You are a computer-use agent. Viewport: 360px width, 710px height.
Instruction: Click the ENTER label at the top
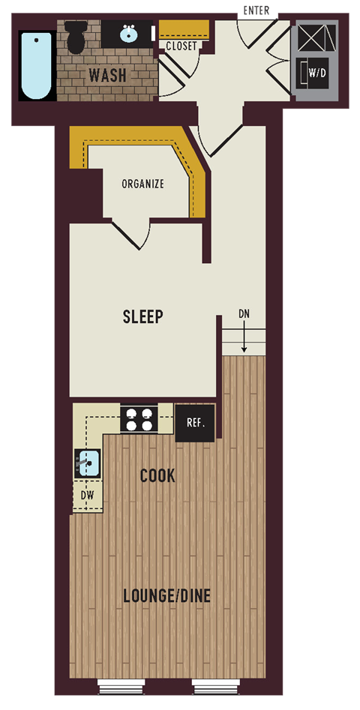[x=256, y=10]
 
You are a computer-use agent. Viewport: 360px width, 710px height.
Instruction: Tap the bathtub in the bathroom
[x=36, y=65]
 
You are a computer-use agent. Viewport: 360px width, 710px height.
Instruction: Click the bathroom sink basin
[x=128, y=34]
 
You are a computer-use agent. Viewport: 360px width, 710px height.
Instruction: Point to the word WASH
[x=107, y=76]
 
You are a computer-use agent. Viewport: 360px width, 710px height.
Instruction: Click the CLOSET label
[x=181, y=46]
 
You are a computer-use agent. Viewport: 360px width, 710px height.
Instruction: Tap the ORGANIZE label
[x=142, y=184]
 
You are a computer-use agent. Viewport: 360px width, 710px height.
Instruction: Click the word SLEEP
[x=142, y=316]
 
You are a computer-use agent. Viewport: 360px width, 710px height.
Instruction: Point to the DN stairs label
[x=244, y=313]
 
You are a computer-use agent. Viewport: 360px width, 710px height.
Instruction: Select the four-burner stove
[x=139, y=418]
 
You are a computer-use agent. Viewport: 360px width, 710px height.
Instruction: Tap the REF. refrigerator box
[x=195, y=423]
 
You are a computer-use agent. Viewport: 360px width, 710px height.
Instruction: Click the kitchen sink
[x=88, y=464]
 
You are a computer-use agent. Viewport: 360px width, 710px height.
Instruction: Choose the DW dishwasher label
[x=87, y=496]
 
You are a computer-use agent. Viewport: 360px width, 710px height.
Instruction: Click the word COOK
[x=157, y=475]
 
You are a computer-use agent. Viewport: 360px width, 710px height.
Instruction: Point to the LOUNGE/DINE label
[x=166, y=596]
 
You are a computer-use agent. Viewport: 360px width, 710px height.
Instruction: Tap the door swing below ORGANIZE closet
[x=130, y=234]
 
